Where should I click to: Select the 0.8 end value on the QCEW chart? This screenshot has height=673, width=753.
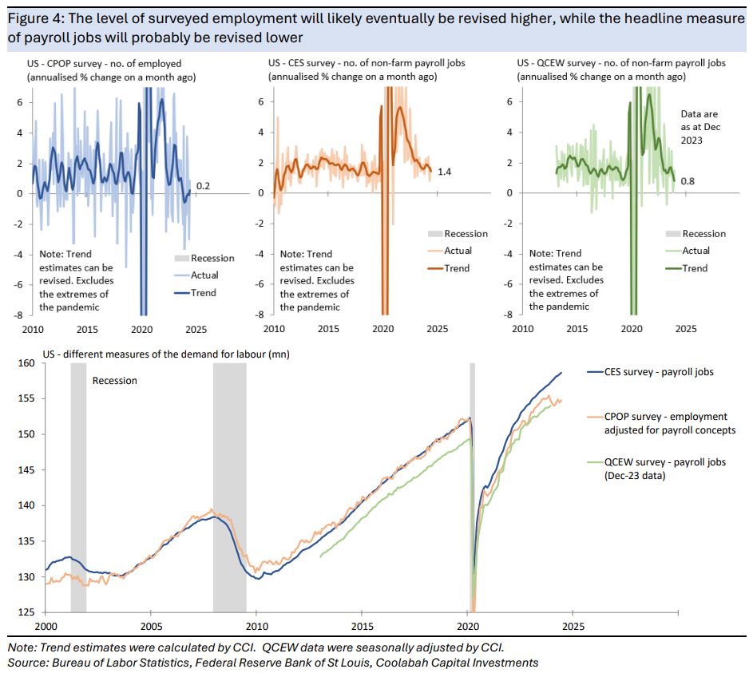(688, 182)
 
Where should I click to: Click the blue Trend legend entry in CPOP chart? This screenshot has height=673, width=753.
(203, 292)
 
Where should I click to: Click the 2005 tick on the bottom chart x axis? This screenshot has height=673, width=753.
(152, 627)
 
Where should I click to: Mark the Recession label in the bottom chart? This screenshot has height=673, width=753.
(115, 381)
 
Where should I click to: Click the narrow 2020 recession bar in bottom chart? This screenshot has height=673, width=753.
(472, 487)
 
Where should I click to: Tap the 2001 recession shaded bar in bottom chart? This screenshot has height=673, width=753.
(78, 487)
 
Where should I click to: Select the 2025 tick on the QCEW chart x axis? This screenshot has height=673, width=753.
(686, 328)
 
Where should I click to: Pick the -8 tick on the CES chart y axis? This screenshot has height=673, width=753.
(260, 315)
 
